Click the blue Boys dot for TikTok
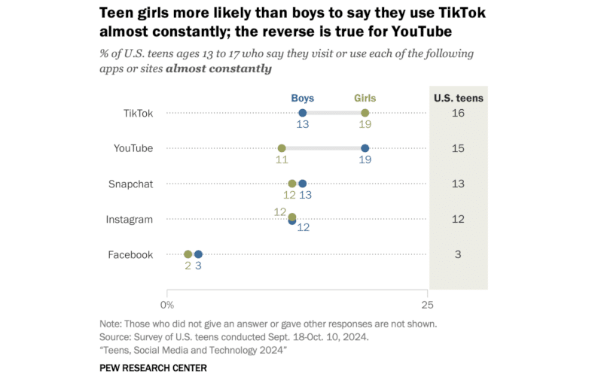(302, 113)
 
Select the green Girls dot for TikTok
(365, 113)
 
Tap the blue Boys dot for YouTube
(365, 148)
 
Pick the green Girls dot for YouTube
(282, 148)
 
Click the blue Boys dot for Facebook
(198, 254)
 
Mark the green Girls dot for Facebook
(188, 254)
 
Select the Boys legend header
(302, 98)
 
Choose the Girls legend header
(365, 98)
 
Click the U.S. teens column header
(458, 98)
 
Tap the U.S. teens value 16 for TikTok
(458, 113)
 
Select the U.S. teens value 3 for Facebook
(458, 254)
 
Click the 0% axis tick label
(167, 305)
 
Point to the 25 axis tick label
(426, 305)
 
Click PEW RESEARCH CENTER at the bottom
(153, 367)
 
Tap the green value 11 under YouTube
(282, 160)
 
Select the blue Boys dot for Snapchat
(302, 184)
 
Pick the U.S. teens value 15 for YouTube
(458, 148)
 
